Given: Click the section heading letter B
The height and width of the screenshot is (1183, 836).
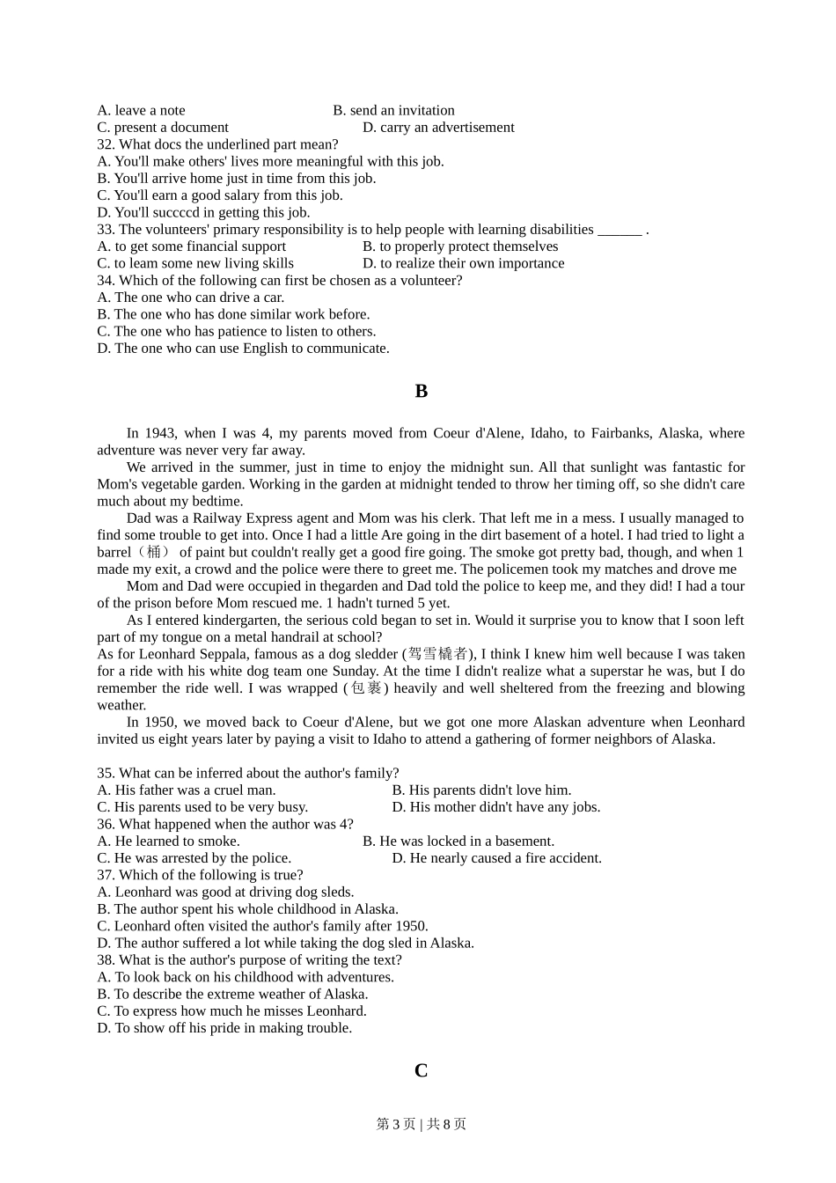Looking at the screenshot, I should point(421,392).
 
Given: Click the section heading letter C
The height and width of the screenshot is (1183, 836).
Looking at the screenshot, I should point(421,1071).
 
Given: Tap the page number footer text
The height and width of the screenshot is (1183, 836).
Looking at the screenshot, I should point(421,1124).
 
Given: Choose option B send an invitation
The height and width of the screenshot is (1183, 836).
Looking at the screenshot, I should point(393,110).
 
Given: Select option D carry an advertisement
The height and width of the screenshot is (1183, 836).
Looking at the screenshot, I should point(438,127).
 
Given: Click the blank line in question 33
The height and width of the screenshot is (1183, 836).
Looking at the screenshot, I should point(620,230).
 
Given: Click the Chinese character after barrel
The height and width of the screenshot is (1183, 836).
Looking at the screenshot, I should point(154,552).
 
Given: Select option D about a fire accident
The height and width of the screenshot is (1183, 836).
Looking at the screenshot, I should point(496,857).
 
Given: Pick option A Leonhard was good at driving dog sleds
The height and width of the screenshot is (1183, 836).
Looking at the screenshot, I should point(225,892).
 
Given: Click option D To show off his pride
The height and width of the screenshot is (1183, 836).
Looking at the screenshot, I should point(224,1027).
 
